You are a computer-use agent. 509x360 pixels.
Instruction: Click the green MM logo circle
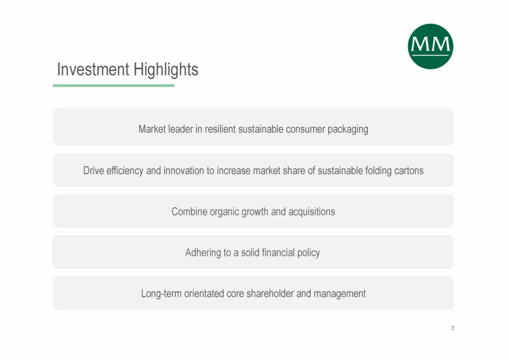tap(430, 46)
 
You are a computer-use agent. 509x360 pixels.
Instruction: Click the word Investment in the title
tap(93, 70)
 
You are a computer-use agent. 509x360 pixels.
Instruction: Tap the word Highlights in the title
tap(166, 70)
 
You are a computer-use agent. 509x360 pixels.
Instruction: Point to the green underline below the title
tap(114, 86)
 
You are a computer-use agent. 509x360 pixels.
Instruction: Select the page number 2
tap(452, 328)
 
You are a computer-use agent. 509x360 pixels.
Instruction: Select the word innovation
tap(183, 171)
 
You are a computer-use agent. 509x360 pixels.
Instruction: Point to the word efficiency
tap(125, 171)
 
